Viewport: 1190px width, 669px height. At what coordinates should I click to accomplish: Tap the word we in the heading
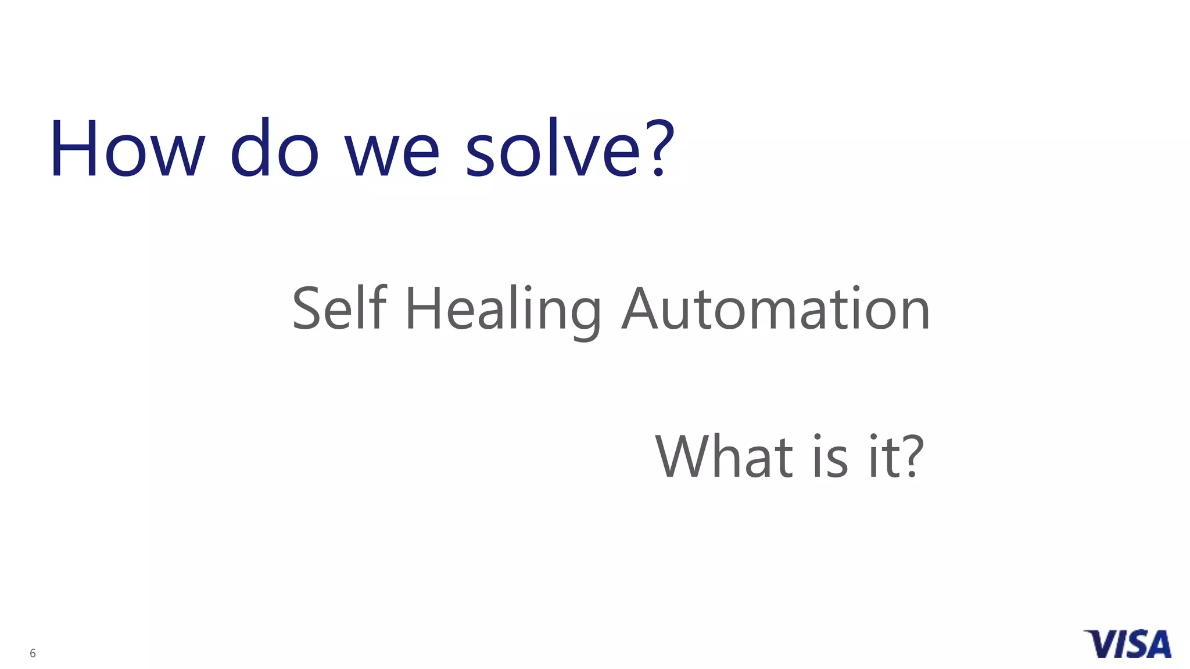point(392,154)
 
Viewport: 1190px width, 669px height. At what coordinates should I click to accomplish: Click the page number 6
point(33,653)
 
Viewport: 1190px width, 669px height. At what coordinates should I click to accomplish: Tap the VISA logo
point(1127,643)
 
